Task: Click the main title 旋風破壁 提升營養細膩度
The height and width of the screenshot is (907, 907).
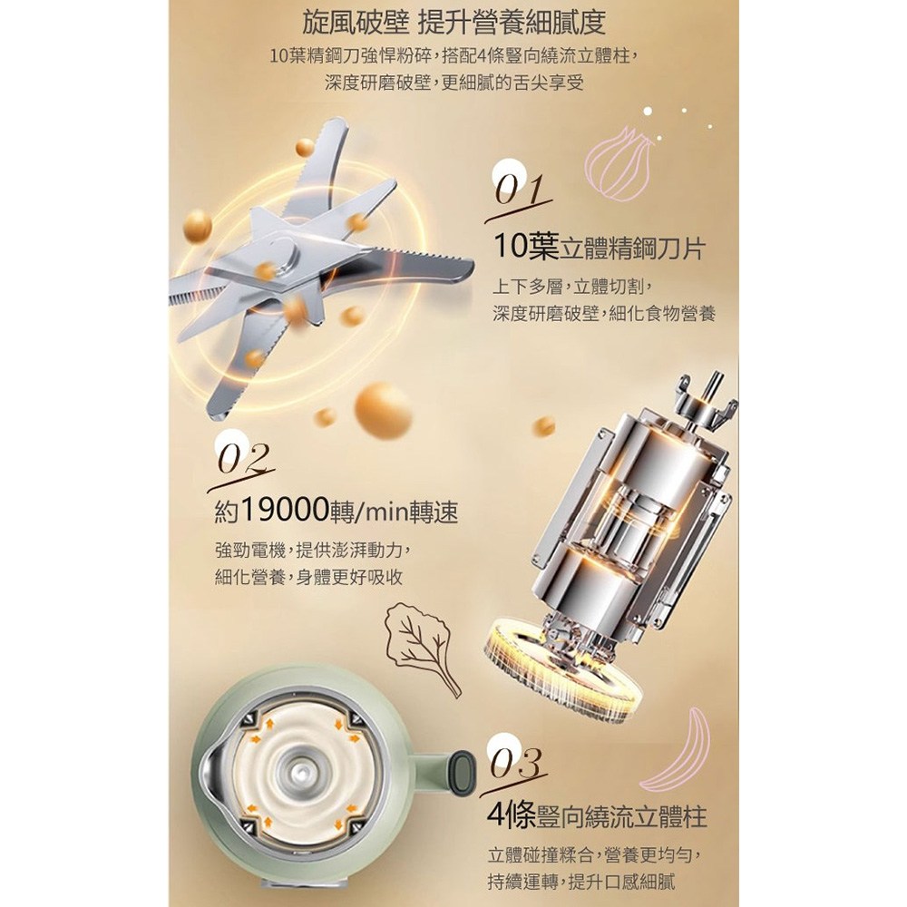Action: [x=454, y=23]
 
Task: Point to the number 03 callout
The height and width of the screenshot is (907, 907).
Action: [x=515, y=764]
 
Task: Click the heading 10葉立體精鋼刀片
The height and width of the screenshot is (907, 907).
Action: [x=599, y=249]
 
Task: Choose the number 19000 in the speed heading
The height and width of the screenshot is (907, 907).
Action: [x=284, y=510]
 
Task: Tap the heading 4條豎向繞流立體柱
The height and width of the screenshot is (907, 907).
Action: [x=597, y=816]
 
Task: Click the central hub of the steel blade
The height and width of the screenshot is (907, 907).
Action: [x=288, y=258]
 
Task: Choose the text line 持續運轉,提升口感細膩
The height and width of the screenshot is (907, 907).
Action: [x=581, y=882]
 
